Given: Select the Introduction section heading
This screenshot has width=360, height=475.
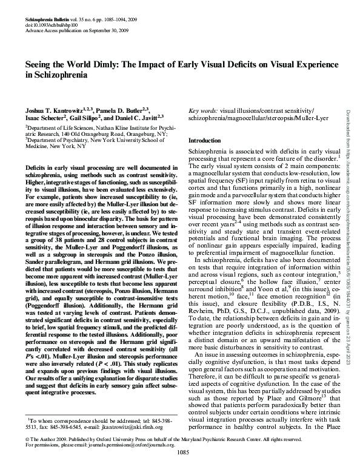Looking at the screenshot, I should click(x=205, y=141).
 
